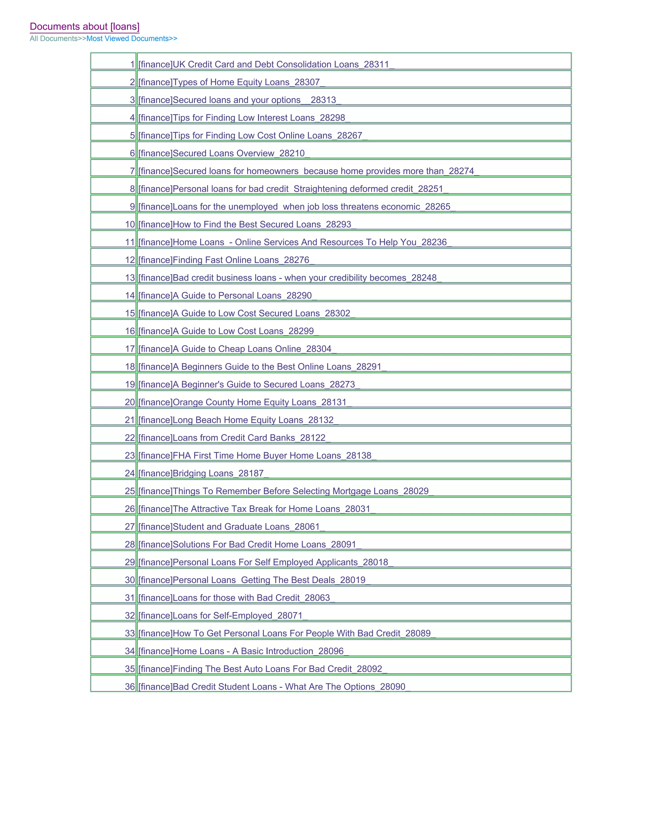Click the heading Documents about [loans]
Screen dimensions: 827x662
[x=84, y=26]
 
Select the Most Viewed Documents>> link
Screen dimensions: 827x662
[x=132, y=38]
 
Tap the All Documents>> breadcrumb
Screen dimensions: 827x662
[x=58, y=38]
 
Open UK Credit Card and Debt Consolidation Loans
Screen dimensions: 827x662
[x=266, y=64]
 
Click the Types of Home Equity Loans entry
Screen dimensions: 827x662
[x=231, y=82]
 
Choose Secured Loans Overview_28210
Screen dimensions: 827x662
[x=224, y=153]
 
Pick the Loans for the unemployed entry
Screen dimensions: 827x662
[x=297, y=207]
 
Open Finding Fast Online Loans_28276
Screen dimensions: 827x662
[x=226, y=260]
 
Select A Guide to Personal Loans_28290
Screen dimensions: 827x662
[x=228, y=296]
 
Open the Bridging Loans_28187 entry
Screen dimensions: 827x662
[x=203, y=473]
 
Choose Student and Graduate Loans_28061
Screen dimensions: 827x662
[x=231, y=527]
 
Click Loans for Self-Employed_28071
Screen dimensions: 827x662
[x=223, y=616]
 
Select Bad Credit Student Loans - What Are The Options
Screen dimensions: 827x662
[x=274, y=686]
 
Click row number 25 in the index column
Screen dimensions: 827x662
[x=130, y=491]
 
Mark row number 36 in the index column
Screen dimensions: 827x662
[x=130, y=686]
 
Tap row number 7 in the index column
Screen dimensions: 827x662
[x=132, y=171]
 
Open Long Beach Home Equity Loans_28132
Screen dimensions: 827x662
[x=238, y=420]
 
